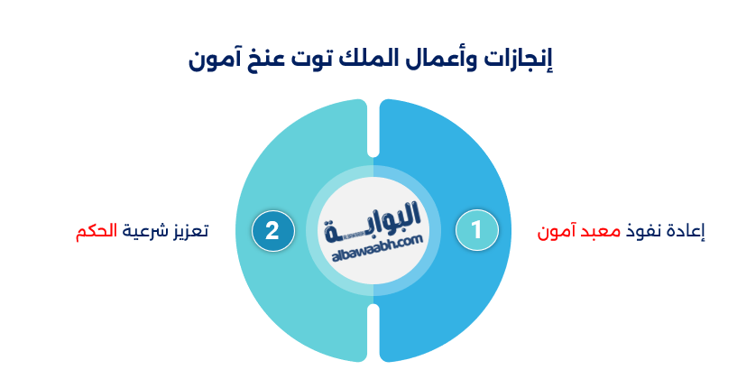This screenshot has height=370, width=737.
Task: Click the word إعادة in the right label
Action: pyautogui.click(x=685, y=231)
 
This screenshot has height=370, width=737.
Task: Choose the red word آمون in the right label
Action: pyautogui.click(x=557, y=231)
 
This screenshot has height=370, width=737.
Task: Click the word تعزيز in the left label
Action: pyautogui.click(x=189, y=230)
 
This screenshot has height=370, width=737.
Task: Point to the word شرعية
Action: pyautogui.click(x=143, y=230)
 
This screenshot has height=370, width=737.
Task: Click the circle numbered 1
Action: pyautogui.click(x=475, y=230)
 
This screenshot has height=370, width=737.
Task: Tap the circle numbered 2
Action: pyautogui.click(x=272, y=230)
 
